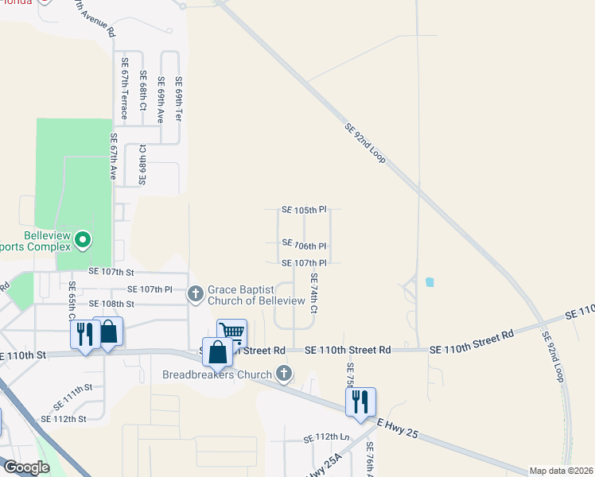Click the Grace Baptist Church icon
click(196, 294)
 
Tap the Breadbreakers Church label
click(216, 374)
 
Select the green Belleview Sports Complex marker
click(81, 238)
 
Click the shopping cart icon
click(231, 332)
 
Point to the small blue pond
click(430, 282)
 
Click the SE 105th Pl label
click(304, 210)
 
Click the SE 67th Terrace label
click(125, 88)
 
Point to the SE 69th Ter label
click(179, 99)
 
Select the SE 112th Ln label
click(327, 438)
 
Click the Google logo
click(25, 467)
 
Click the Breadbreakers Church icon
click(284, 374)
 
